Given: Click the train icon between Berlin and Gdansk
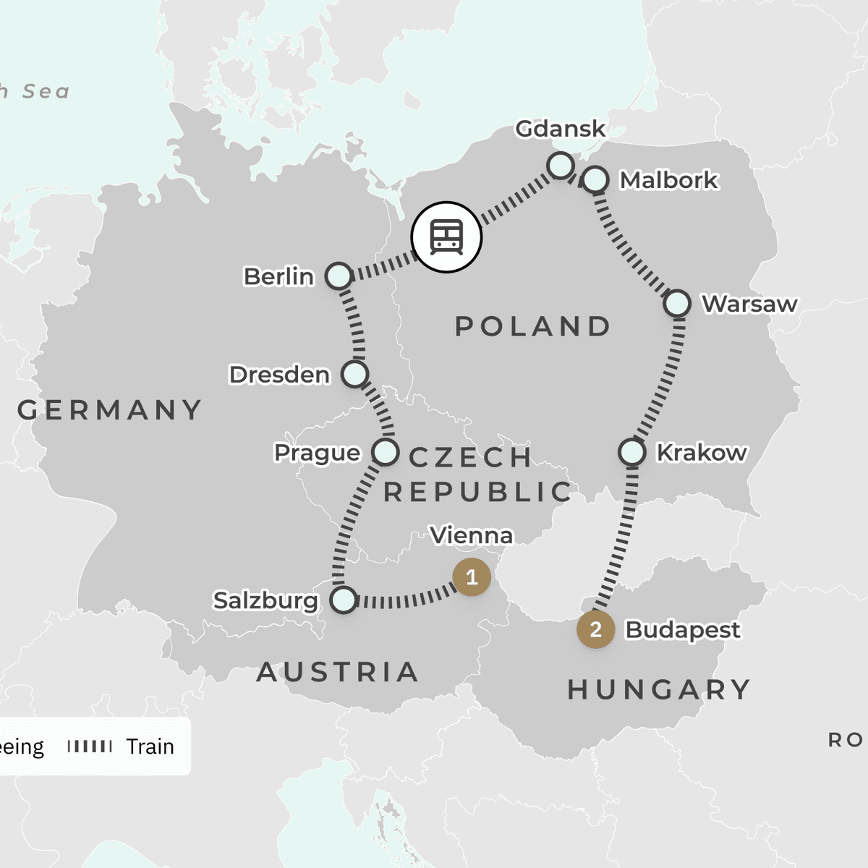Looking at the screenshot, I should click(x=446, y=237).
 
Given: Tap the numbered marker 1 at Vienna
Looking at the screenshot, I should click(x=472, y=577).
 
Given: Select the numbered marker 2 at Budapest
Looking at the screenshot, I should click(x=595, y=629).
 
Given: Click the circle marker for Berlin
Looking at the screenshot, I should click(x=339, y=276).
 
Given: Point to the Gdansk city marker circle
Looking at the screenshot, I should click(x=561, y=166).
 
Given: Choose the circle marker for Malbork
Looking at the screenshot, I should click(x=595, y=179).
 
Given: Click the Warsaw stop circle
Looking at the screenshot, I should click(x=677, y=303).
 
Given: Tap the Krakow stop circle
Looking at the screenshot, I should click(x=631, y=453).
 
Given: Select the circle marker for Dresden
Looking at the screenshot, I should click(x=354, y=374).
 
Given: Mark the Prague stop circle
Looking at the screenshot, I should click(x=385, y=452).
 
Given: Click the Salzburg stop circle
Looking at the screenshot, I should click(x=344, y=600).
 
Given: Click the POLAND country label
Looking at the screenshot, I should click(x=533, y=326).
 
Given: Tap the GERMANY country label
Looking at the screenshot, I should click(x=110, y=410).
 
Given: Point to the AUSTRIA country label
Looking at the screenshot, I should click(x=338, y=672).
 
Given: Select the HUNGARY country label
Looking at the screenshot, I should click(x=659, y=689).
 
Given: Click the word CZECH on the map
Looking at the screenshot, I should click(x=470, y=457).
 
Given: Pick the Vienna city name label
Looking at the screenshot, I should click(x=472, y=535).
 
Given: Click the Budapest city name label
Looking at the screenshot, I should click(x=682, y=630).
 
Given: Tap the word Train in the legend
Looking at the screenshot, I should click(x=150, y=746).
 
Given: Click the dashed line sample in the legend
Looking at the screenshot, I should click(x=90, y=746).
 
